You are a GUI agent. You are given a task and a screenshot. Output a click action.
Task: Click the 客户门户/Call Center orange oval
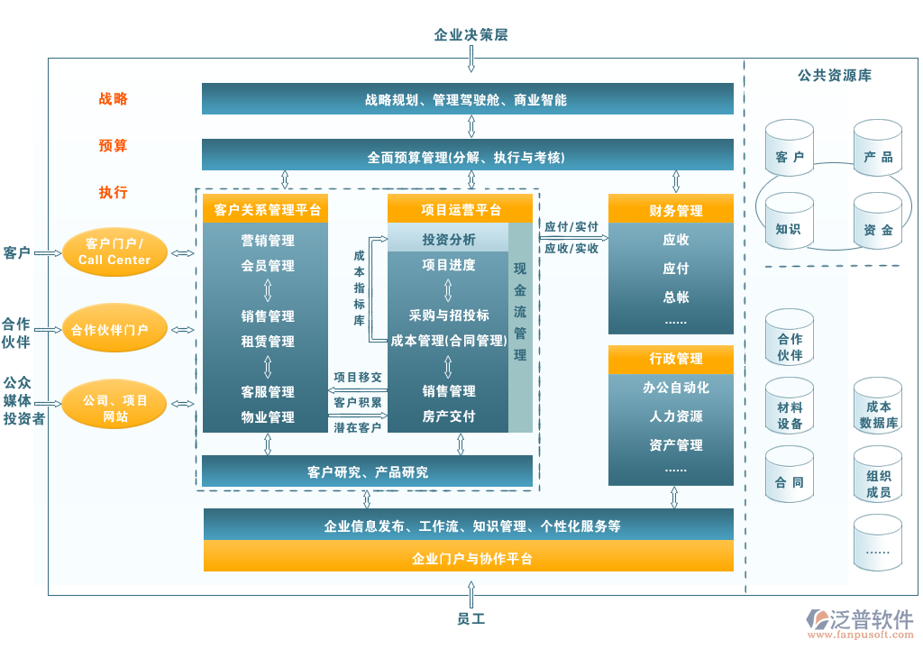coord(114,251)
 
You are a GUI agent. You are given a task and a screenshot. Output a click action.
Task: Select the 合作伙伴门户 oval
coord(114,330)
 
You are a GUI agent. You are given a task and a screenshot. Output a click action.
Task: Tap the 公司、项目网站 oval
coord(114,407)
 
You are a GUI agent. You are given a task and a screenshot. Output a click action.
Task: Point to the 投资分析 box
coord(448,240)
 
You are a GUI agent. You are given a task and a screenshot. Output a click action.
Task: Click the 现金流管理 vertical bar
coord(521,311)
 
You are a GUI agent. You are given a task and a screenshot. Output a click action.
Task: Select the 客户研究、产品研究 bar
coord(367,471)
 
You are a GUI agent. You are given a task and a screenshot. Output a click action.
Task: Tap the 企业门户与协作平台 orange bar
coord(469,559)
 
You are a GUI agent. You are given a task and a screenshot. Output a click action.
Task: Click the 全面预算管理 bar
coord(467,157)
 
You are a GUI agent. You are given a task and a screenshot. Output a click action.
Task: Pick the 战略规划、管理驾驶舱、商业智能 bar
coord(467,100)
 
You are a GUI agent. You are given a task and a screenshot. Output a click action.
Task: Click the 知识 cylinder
coord(789,227)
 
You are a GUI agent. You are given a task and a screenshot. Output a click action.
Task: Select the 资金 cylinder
coord(878,228)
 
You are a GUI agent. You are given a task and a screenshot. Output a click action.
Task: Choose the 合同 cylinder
coord(789,481)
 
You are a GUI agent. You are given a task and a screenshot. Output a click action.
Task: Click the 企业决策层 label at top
coord(471,35)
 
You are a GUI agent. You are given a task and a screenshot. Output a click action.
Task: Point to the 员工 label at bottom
coord(471,619)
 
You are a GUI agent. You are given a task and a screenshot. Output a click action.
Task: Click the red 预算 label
coord(114,145)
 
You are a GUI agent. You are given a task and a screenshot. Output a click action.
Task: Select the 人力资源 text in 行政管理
coord(676,416)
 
